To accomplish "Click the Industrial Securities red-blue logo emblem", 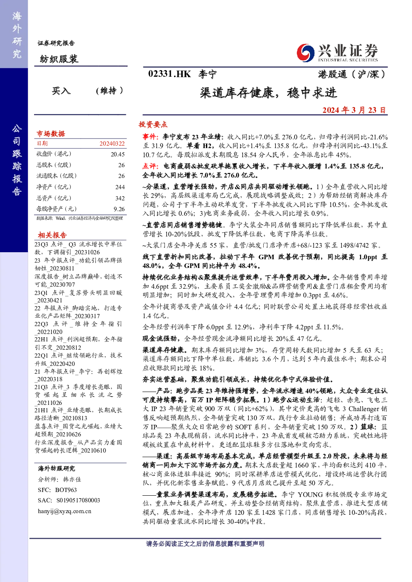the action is (305, 53).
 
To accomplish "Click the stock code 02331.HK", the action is (169, 74).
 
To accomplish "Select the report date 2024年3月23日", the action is (354, 110).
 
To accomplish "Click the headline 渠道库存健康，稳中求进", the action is (268, 93).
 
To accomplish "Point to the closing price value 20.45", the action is (118, 154).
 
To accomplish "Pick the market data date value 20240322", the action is (112, 144).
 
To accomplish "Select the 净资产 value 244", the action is (120, 187).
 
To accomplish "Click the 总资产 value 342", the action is (120, 198).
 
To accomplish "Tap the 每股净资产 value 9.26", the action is (119, 209).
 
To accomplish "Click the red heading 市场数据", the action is (51, 134).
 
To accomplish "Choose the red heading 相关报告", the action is (52, 235).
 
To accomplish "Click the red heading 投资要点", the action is (153, 124).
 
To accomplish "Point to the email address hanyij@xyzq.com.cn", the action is (64, 511).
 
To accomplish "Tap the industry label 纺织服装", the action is (59, 59).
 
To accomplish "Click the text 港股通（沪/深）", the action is (352, 75).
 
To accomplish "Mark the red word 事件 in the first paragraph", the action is (150, 136).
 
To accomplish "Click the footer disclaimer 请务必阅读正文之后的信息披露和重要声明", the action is (205, 543).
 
